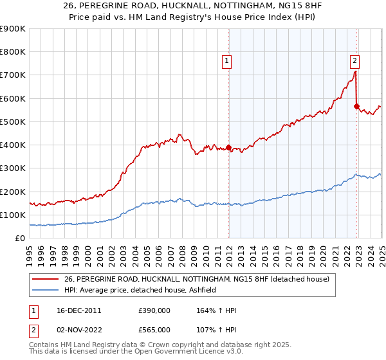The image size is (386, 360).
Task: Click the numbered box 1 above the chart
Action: tap(227, 62)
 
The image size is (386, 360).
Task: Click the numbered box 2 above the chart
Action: tap(354, 62)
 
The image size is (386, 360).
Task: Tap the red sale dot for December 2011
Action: tap(229, 147)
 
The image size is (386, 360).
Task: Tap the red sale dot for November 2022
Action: tap(356, 107)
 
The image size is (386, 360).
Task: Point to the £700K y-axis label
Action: tap(13, 75)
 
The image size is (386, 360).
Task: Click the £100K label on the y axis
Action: tap(13, 215)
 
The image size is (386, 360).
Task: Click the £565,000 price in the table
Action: tap(154, 330)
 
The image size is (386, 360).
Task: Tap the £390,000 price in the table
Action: tap(154, 310)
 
